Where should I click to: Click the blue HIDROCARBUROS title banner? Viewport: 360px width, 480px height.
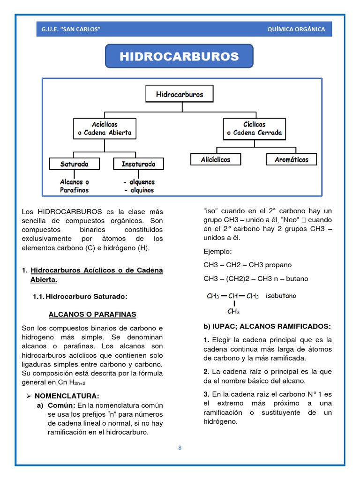tap(179, 57)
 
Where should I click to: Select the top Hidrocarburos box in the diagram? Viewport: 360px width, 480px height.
tap(180, 95)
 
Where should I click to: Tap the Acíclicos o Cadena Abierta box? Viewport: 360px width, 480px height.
tap(105, 128)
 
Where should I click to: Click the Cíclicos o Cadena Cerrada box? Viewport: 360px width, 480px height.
tap(254, 128)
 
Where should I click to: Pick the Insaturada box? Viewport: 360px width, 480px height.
tap(138, 164)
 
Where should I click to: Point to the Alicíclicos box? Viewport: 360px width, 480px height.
tap(216, 159)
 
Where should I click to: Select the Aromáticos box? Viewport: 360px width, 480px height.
tap(291, 159)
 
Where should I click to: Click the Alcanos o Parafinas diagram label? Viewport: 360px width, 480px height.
tap(74, 186)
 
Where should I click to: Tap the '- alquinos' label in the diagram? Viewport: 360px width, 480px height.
tap(138, 190)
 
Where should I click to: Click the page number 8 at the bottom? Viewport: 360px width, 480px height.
tap(180, 448)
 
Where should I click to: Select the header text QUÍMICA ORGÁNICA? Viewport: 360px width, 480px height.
tap(296, 29)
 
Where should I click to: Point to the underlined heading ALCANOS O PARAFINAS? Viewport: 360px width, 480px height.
tap(92, 314)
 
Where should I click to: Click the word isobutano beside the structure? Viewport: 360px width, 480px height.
tap(281, 296)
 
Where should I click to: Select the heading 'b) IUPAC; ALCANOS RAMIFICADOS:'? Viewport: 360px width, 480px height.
tap(267, 326)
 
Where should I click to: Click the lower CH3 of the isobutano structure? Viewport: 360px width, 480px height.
tap(233, 311)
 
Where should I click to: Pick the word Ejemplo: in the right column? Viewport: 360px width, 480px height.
tap(217, 252)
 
